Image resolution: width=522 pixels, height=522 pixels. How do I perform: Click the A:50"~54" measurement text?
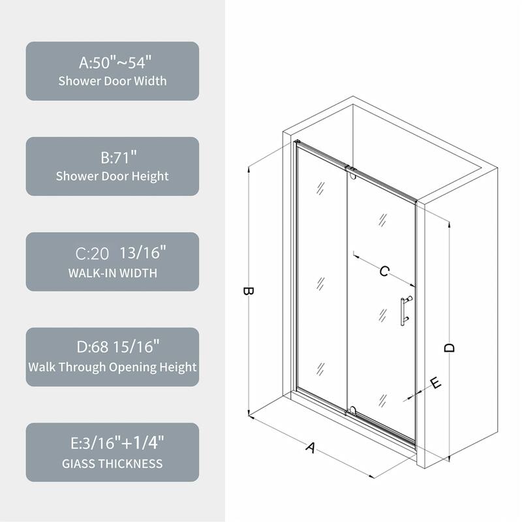click(112, 63)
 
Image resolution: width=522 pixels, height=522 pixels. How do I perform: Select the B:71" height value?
click(112, 158)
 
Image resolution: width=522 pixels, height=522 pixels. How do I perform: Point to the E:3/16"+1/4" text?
click(112, 444)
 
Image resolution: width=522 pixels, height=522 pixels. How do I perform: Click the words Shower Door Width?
click(112, 82)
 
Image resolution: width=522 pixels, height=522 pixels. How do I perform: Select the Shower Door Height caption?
click(112, 176)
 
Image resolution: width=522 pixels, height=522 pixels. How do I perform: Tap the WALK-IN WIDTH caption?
click(112, 273)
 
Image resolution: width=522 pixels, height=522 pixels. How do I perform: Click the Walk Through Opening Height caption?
click(112, 367)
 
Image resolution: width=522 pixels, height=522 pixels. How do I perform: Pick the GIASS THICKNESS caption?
click(112, 464)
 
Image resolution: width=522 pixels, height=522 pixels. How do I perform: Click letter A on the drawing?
click(311, 448)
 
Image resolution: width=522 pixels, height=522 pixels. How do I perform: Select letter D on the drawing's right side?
click(449, 348)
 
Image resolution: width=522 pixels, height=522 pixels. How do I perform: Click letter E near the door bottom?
click(437, 383)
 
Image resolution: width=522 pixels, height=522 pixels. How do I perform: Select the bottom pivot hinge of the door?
click(353, 410)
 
